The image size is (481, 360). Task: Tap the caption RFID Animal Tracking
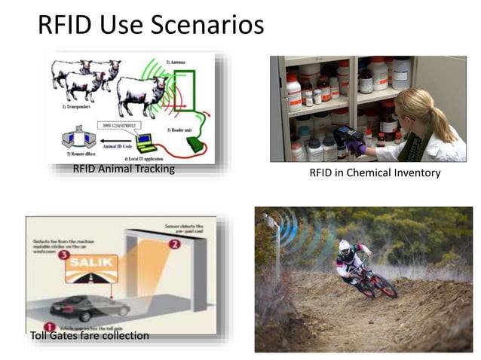pos(124,169)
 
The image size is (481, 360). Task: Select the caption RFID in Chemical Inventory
pos(375,173)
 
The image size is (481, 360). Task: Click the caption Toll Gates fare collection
pos(89,335)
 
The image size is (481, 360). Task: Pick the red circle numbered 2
pos(175,243)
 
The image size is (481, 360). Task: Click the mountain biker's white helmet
pos(346,246)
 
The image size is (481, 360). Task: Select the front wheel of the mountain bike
pos(383,285)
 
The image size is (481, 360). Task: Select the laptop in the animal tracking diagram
pos(144,140)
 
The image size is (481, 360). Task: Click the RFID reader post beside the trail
pos(277,249)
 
